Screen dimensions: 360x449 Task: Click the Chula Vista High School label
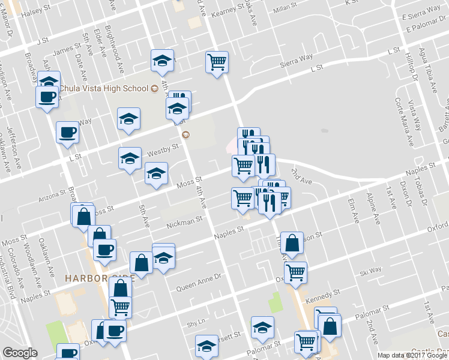pos(103,89)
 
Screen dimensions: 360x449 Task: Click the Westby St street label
pos(163,148)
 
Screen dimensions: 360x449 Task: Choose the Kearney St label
pos(223,11)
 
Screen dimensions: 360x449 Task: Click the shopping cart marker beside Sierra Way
pos(217,62)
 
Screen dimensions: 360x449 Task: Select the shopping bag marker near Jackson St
pos(292,243)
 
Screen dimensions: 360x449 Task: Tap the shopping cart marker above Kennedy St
pos(295,272)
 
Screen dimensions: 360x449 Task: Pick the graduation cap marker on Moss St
pos(156,174)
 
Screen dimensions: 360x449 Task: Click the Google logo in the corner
pos(20,353)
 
